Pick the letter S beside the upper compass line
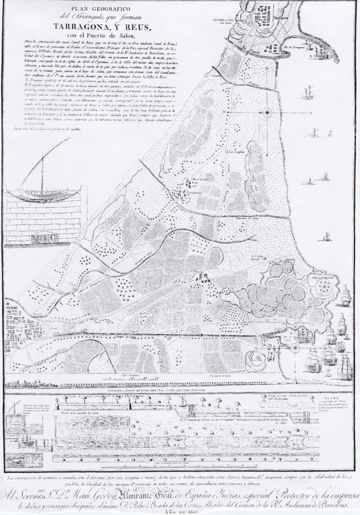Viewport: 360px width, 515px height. (310, 113)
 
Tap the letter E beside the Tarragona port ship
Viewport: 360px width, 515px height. (312, 57)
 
